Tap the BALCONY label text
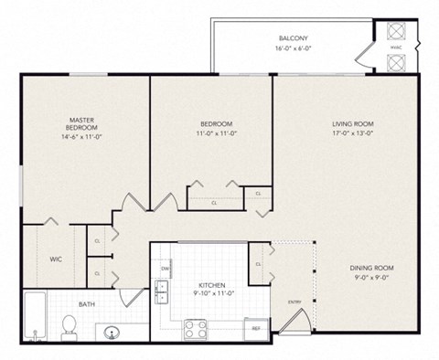[x=293, y=38]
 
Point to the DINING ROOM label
[x=370, y=268]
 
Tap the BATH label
[x=86, y=303]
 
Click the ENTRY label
[x=294, y=302]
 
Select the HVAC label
[x=395, y=48]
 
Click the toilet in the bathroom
[x=69, y=325]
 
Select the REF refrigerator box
[x=256, y=328]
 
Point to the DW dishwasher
[x=166, y=269]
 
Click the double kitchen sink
[x=162, y=291]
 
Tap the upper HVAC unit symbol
[x=395, y=30]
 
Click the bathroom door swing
[x=134, y=296]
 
